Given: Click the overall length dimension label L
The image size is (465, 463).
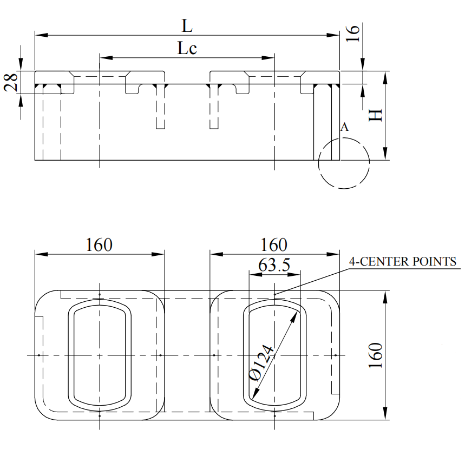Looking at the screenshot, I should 187,25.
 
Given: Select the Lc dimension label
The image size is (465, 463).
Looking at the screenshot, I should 187,49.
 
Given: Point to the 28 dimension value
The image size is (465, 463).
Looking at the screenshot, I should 11,82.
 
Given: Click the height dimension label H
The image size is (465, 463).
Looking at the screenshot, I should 375,115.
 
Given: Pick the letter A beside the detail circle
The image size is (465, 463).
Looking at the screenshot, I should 344,127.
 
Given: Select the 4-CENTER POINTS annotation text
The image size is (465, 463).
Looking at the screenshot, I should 403,262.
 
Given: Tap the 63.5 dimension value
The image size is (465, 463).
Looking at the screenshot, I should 274,265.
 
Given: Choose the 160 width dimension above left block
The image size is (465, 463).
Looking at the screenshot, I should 99,244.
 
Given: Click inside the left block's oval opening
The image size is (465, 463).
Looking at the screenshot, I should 100,354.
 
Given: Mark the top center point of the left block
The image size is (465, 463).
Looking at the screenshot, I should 100,295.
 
